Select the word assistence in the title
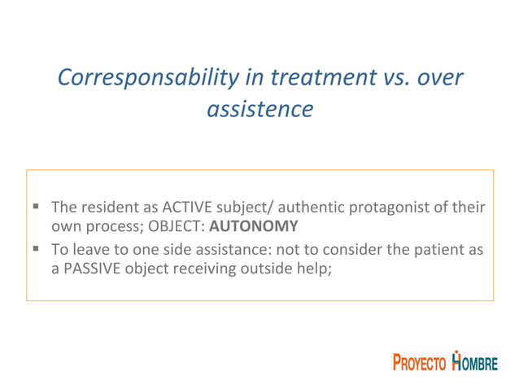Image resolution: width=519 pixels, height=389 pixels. click(x=259, y=109)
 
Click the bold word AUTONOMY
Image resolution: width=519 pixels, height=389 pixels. click(x=259, y=226)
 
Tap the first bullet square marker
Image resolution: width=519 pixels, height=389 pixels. click(x=38, y=208)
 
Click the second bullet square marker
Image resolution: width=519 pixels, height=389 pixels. click(x=38, y=250)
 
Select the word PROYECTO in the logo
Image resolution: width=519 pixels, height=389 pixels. click(x=420, y=364)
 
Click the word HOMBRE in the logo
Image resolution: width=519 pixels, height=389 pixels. click(x=475, y=363)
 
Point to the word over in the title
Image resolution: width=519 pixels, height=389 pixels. click(x=442, y=77)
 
